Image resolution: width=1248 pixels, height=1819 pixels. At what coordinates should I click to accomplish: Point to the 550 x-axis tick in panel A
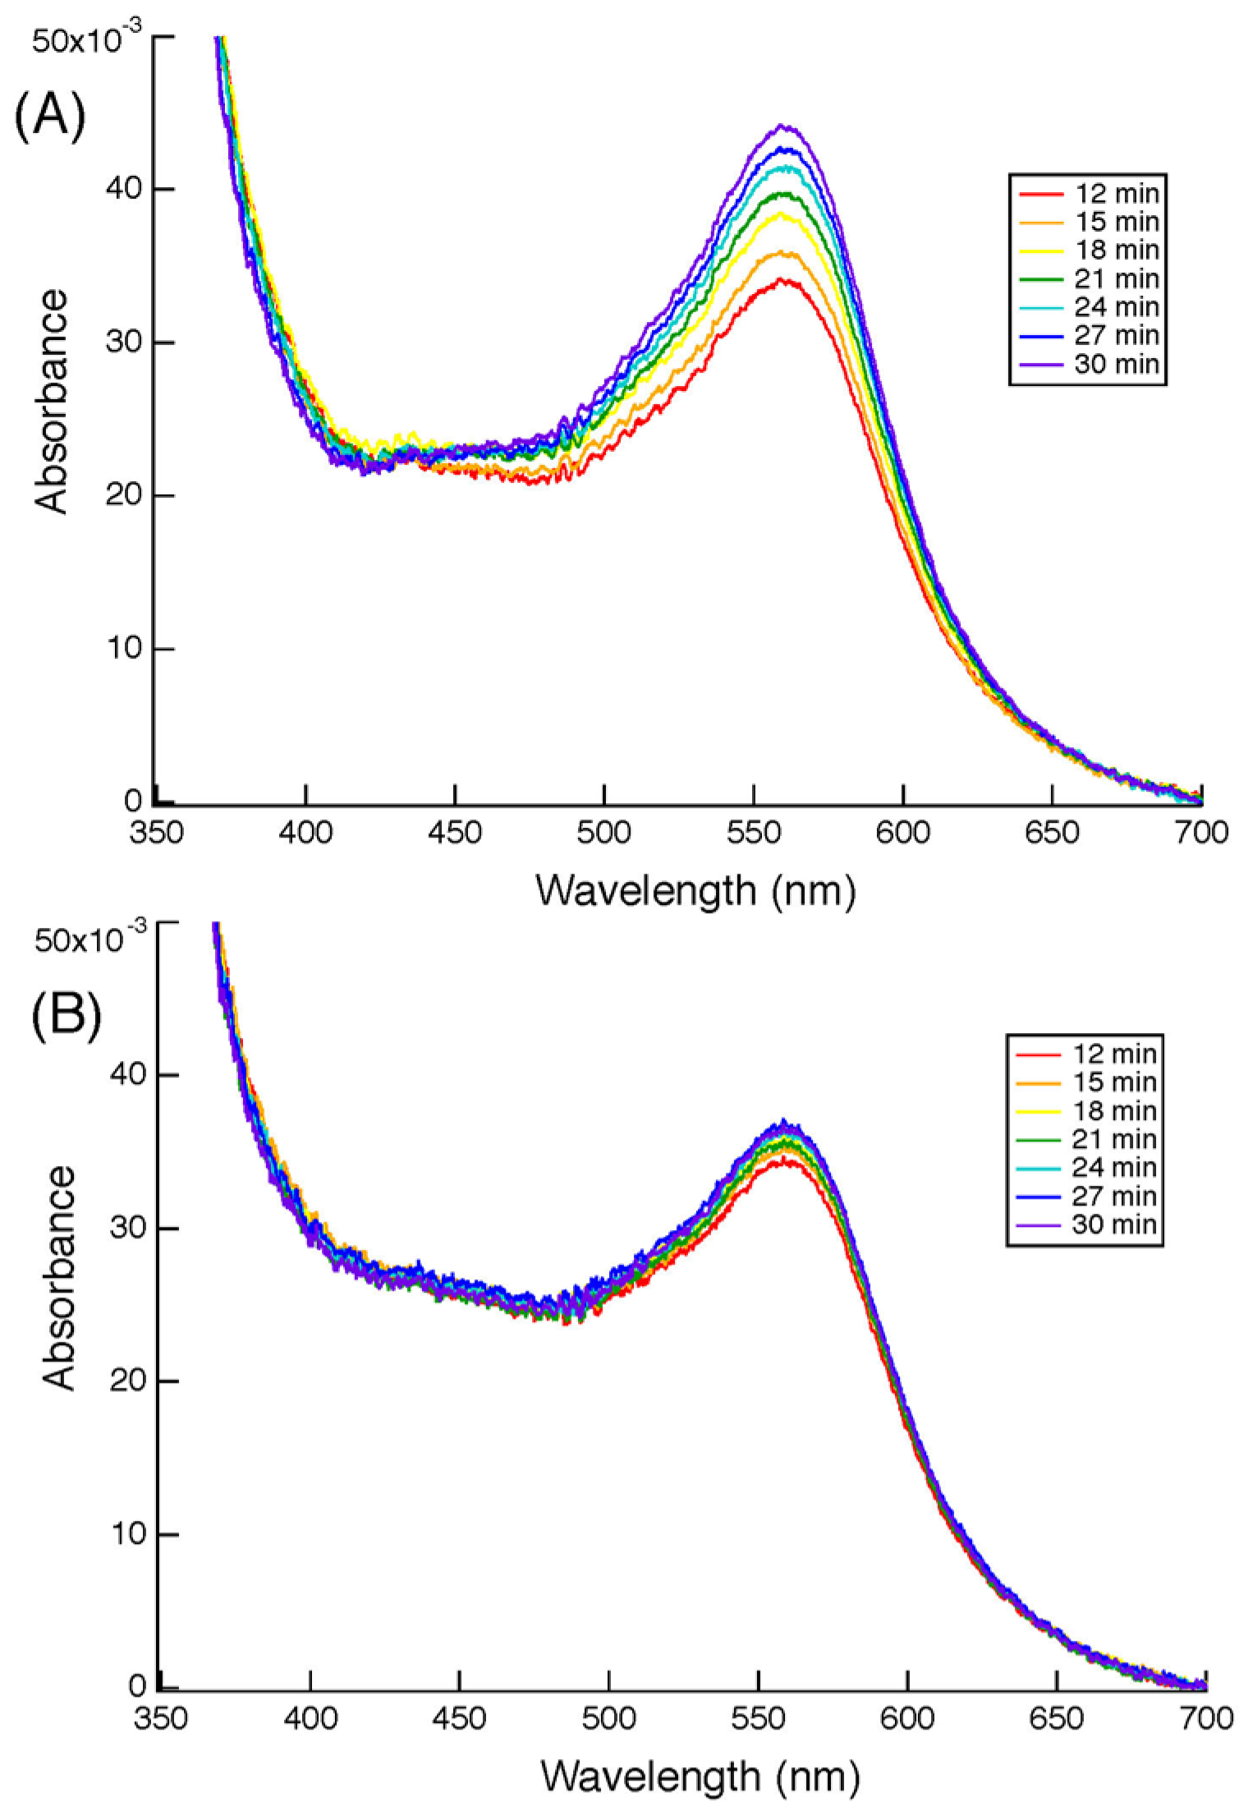tap(753, 833)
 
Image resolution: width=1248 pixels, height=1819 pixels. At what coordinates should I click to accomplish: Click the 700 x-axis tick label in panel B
tap(1204, 1718)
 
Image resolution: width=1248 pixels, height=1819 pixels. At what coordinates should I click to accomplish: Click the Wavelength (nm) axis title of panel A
tap(695, 889)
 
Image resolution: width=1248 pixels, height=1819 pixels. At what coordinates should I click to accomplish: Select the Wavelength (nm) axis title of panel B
tap(699, 1774)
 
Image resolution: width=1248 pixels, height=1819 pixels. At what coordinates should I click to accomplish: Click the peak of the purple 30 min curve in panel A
tap(786, 126)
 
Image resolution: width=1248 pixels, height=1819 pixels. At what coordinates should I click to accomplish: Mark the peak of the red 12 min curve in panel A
tap(786, 280)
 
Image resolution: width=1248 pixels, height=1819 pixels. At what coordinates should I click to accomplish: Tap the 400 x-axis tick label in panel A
tap(305, 833)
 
